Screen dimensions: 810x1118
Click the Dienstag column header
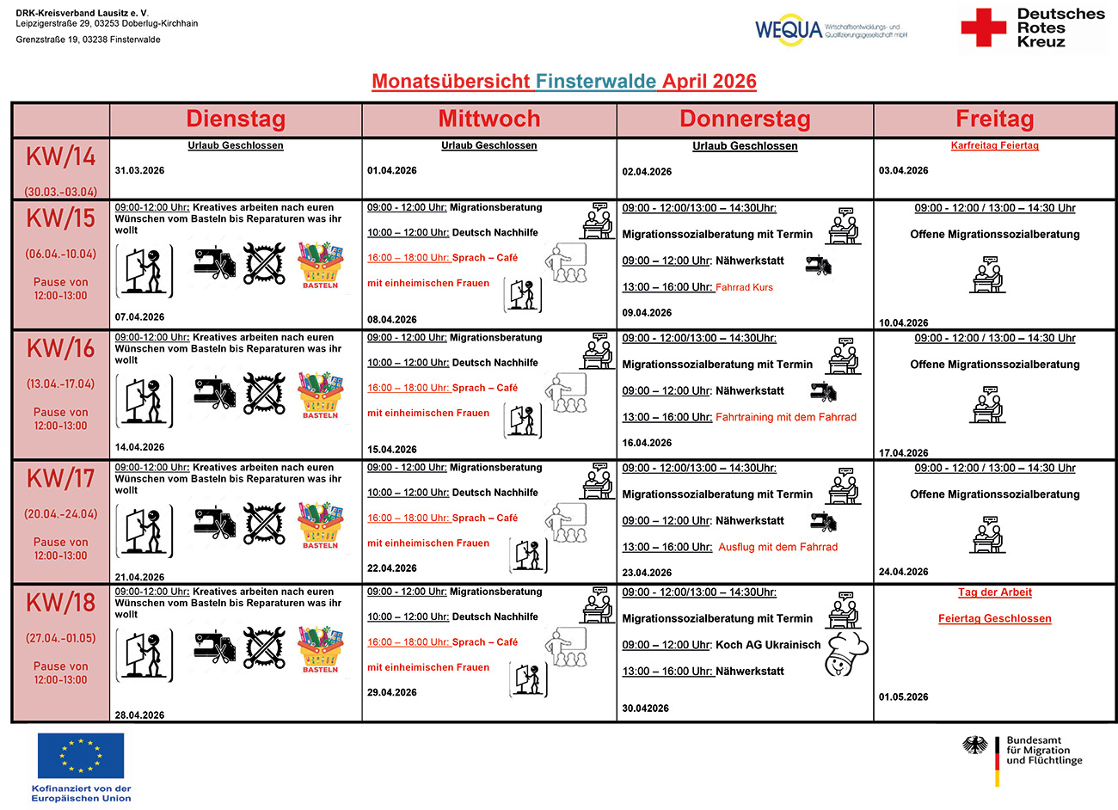coord(236,119)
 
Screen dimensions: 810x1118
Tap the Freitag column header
coord(994,119)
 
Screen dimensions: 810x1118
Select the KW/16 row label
coord(60,348)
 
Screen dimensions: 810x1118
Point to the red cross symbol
coord(983,28)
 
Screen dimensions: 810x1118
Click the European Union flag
coord(81,756)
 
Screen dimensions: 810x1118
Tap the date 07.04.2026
coord(139,317)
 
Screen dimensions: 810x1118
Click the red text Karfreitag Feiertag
coord(994,145)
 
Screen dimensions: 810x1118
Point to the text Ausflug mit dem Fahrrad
coord(777,547)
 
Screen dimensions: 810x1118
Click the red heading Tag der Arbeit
coord(994,592)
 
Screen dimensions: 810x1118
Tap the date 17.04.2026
coord(903,453)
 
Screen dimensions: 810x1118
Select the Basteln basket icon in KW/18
coord(320,650)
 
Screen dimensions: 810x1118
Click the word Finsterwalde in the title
coord(596,82)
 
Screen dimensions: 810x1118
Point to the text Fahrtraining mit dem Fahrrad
coord(786,417)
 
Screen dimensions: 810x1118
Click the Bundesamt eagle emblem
coord(974,746)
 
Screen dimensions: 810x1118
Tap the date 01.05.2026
coord(903,697)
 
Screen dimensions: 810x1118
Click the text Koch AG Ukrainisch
coord(768,645)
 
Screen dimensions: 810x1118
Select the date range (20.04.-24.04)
coord(60,514)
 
